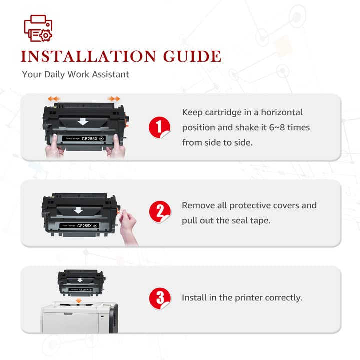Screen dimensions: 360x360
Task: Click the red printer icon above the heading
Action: click(38, 28)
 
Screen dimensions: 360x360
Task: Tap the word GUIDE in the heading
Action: click(192, 56)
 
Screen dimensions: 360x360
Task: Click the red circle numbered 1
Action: click(159, 127)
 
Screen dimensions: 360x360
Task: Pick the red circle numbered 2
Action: click(160, 212)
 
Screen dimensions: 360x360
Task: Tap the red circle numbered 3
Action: click(160, 298)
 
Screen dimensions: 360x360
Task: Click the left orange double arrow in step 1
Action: click(53, 99)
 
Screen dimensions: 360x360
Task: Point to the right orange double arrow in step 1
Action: click(114, 99)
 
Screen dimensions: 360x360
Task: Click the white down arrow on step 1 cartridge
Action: click(83, 122)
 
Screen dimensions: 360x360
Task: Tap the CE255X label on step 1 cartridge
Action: click(90, 139)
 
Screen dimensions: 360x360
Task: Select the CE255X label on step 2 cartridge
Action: click(84, 226)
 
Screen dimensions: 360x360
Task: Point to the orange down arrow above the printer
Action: click(79, 300)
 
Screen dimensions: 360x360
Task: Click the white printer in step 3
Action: click(79, 318)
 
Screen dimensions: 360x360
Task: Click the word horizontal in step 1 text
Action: click(282, 112)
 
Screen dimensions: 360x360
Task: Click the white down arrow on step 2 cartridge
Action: click(78, 210)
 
